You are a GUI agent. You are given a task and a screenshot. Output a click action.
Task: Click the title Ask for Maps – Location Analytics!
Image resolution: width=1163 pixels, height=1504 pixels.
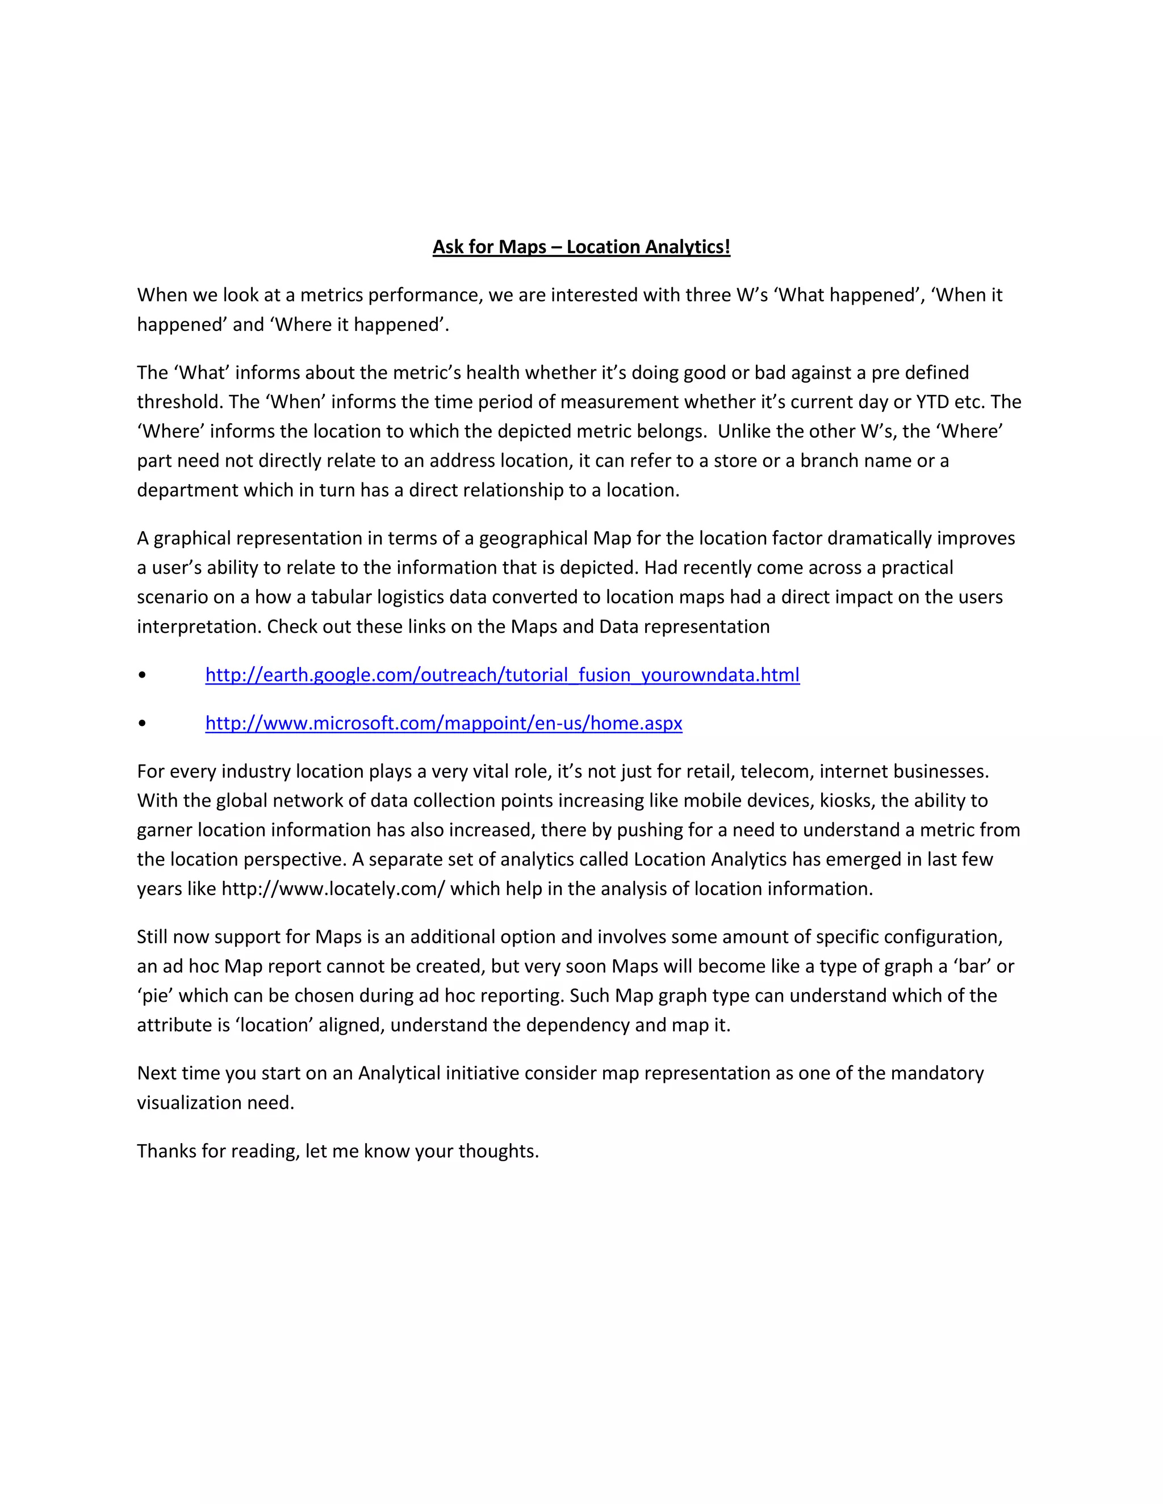point(581,246)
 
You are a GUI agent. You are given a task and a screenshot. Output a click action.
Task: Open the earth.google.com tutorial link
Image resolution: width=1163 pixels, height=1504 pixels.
point(502,675)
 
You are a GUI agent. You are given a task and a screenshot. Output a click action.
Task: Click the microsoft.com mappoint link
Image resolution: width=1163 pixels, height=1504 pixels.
point(444,723)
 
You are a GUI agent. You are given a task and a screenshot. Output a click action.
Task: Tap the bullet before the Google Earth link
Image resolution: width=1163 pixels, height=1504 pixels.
point(142,675)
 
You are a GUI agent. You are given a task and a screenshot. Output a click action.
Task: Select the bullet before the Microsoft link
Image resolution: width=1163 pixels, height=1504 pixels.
point(142,723)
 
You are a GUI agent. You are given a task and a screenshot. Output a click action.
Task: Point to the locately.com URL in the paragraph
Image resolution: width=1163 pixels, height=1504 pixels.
point(333,889)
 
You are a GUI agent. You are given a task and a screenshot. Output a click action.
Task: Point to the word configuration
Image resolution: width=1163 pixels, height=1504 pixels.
point(942,936)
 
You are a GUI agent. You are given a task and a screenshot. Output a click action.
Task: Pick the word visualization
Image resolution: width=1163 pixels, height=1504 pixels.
point(189,1103)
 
